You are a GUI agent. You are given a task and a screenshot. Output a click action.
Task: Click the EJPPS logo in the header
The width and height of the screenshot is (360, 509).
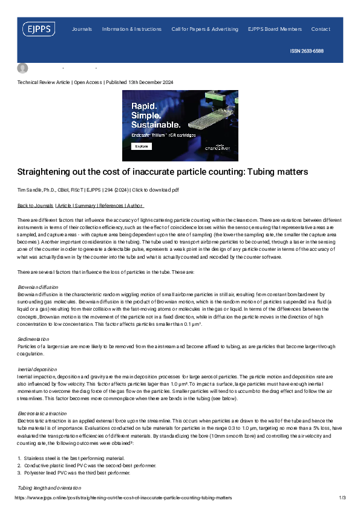39,29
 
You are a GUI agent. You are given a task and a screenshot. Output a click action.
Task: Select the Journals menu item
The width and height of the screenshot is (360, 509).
82,29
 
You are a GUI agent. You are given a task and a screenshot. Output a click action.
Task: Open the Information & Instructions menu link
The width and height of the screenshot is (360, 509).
132,29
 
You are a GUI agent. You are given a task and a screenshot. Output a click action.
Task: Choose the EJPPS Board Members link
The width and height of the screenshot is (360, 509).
275,29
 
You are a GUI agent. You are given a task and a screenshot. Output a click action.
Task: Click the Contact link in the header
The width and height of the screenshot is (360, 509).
321,29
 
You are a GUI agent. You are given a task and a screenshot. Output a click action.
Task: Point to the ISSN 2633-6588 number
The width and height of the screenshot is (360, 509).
307,51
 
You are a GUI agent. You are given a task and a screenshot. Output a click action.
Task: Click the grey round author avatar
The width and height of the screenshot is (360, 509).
23,68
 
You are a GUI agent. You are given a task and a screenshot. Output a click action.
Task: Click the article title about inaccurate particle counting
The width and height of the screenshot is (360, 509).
162,172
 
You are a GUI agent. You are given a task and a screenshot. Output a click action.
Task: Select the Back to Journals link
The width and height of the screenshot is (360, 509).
34,206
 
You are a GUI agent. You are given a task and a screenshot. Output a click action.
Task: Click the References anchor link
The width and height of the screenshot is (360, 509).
110,206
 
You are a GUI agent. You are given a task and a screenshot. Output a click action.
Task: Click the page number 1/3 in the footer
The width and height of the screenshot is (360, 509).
342,498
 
